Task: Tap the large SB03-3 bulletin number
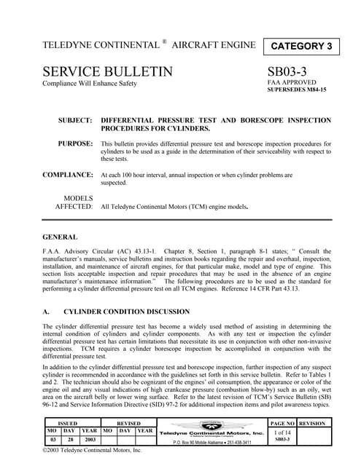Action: point(295,72)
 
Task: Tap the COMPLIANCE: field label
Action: point(68,175)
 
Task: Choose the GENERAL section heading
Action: point(61,237)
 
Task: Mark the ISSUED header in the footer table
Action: point(68,422)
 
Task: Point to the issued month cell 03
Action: point(50,440)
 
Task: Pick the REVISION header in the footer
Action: point(311,422)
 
